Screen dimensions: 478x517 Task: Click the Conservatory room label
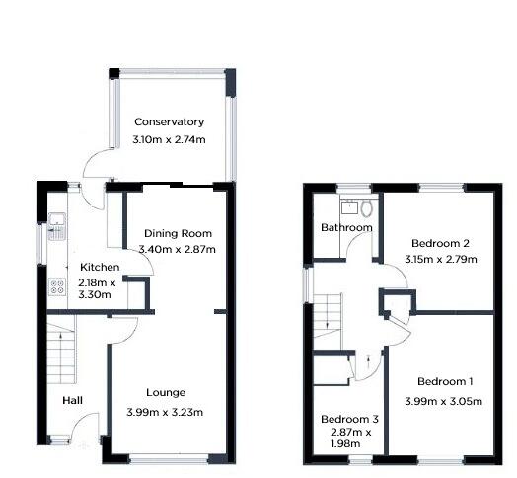(x=169, y=122)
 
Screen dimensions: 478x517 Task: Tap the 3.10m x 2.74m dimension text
(x=169, y=141)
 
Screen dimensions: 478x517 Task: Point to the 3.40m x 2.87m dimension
(x=177, y=250)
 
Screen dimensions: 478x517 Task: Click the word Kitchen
(x=100, y=268)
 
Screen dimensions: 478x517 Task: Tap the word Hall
(x=73, y=400)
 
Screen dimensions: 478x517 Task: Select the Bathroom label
(x=346, y=228)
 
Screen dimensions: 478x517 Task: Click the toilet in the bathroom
(x=367, y=208)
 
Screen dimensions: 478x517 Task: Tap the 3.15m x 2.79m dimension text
(x=441, y=260)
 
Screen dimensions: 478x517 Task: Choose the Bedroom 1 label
(x=444, y=382)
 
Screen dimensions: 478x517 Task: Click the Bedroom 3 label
(x=350, y=419)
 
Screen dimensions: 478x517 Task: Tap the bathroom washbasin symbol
(x=348, y=207)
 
